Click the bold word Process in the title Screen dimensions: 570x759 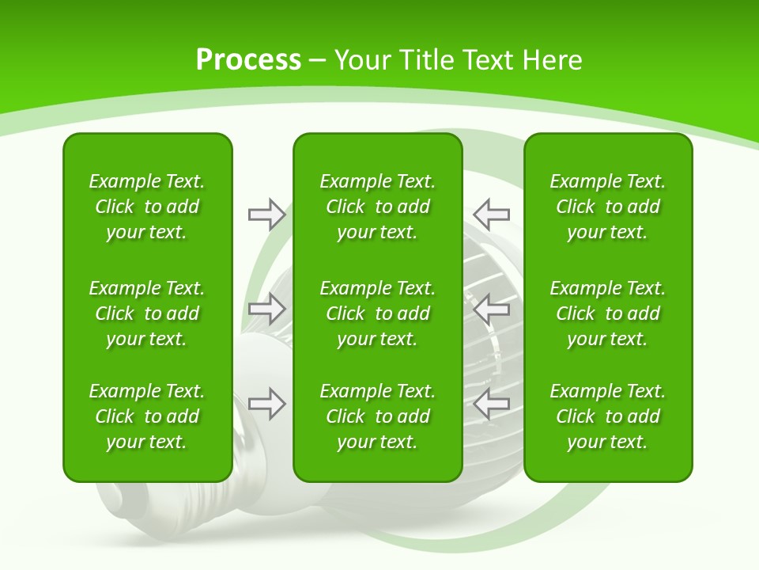tap(248, 60)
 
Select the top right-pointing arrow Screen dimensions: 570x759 tap(266, 214)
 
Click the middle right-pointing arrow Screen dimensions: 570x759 tap(266, 308)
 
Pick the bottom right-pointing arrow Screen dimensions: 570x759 tap(266, 404)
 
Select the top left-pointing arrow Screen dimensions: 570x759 tap(491, 214)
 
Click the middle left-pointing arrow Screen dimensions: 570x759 tap(491, 308)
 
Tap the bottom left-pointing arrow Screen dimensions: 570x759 tap(491, 404)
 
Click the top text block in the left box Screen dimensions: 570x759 tap(147, 207)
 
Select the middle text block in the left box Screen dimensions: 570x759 tap(147, 313)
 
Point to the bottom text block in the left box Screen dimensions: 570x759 tap(147, 416)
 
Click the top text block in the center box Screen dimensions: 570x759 tap(377, 207)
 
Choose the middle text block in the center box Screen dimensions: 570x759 tap(377, 313)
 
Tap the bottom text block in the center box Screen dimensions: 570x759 tap(377, 416)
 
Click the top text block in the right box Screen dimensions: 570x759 tap(607, 207)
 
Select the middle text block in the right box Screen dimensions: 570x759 tap(607, 313)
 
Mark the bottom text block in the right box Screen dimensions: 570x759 tap(607, 416)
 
